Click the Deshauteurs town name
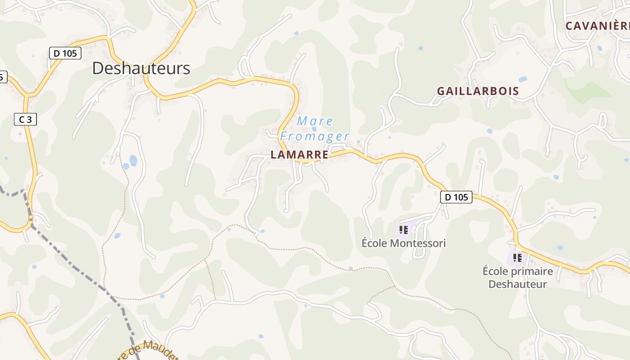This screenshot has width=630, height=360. [141, 68]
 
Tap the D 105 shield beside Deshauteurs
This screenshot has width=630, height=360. [65, 53]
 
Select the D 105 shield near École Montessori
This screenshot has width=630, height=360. [456, 197]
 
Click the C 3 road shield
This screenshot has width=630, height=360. [25, 119]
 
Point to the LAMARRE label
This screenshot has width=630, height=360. [299, 155]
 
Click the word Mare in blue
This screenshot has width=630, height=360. [315, 121]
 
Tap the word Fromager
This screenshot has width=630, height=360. [315, 136]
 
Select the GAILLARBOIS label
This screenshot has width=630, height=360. [478, 91]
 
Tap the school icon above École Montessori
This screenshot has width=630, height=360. [404, 230]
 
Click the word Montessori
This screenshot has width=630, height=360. [418, 243]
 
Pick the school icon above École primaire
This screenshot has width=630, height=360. [517, 258]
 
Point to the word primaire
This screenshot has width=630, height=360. [531, 271]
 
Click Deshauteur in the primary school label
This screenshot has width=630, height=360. [517, 284]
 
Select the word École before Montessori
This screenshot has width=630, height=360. [374, 243]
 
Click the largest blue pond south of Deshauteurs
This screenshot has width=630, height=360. [133, 160]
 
